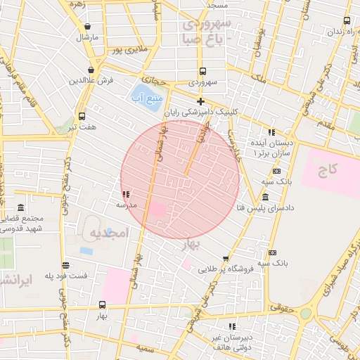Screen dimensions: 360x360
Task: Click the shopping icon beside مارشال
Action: tap(86, 27)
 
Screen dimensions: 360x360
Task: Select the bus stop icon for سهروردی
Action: tap(202, 71)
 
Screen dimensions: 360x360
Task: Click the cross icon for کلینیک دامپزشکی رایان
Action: tap(200, 101)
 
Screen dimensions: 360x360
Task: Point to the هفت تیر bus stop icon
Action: tap(82, 117)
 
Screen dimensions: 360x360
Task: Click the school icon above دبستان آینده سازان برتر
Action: tap(271, 131)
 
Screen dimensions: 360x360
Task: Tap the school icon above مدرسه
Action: tap(126, 194)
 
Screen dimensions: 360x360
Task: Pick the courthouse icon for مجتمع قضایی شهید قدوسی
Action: tap(19, 209)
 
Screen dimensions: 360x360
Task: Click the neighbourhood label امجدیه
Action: tap(107, 232)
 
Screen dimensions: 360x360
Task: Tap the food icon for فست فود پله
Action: tap(65, 266)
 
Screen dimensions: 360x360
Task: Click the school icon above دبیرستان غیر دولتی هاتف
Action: tap(231, 326)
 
